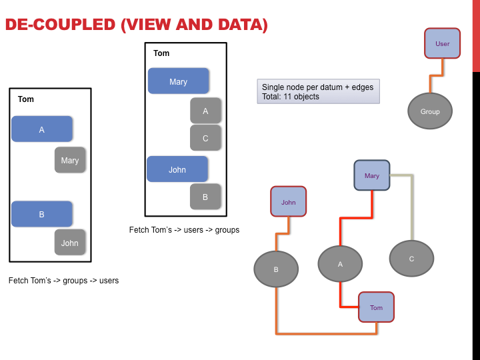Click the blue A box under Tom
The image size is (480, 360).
pyautogui.click(x=42, y=129)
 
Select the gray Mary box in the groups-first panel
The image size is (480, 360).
pyautogui.click(x=70, y=160)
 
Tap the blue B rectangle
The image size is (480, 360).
pyautogui.click(x=42, y=214)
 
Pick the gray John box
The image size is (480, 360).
pyautogui.click(x=70, y=243)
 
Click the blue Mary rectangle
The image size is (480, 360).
pyautogui.click(x=179, y=81)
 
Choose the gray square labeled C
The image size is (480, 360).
pyautogui.click(x=205, y=138)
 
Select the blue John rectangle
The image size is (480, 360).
pyautogui.click(x=177, y=169)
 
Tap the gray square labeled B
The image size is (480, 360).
pyautogui.click(x=205, y=197)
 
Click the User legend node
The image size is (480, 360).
pyautogui.click(x=443, y=43)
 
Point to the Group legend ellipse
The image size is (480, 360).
pyautogui.click(x=430, y=111)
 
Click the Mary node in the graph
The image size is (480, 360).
pyautogui.click(x=372, y=175)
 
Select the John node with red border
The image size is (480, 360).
pyautogui.click(x=289, y=202)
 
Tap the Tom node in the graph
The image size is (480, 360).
pyautogui.click(x=376, y=307)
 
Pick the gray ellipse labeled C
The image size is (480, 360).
pyautogui.click(x=412, y=259)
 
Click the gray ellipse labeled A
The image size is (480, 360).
pyautogui.click(x=341, y=264)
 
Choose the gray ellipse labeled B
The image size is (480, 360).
pyautogui.click(x=276, y=269)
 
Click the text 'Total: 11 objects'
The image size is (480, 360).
pyautogui.click(x=291, y=97)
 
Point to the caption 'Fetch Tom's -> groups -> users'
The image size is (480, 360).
pyautogui.click(x=64, y=281)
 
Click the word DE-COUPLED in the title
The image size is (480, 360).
pyautogui.click(x=60, y=25)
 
